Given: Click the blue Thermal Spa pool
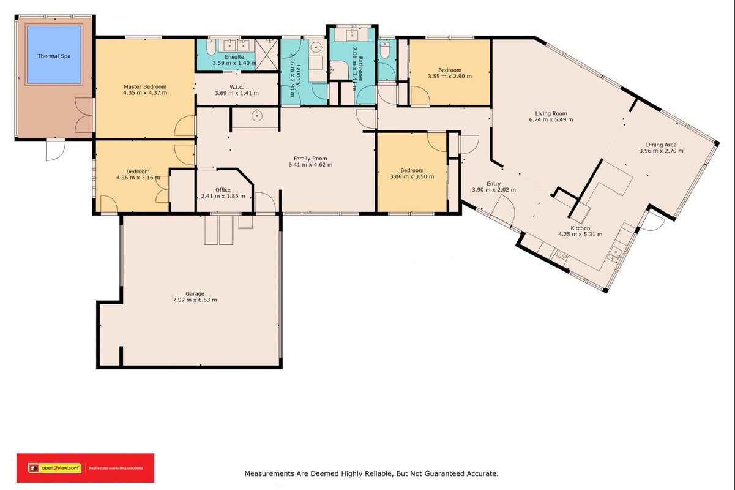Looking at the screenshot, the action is coord(54,55).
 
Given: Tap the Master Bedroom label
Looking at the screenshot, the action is coord(145,87).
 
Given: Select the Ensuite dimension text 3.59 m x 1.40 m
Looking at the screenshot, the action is coord(234,62).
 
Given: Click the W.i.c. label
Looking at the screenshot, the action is coord(237,87).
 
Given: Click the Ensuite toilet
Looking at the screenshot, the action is coord(211,48).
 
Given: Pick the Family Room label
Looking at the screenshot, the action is coord(310,158).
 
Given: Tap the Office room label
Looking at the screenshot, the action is coord(223,190).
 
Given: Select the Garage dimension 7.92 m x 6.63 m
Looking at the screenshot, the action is coord(195,300).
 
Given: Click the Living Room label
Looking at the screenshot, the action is coord(551,114).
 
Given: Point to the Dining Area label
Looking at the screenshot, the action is coord(661,145).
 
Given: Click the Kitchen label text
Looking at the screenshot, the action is coord(580,228).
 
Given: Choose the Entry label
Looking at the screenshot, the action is coord(493,184).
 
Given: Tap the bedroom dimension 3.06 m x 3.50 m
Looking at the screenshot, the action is coord(412,176).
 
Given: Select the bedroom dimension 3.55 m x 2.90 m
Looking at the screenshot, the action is coord(450,77).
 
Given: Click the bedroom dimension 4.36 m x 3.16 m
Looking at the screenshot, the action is coord(138,178).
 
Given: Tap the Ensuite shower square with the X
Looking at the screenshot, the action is coord(266,55).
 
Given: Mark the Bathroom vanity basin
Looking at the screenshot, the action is coord(352,34).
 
